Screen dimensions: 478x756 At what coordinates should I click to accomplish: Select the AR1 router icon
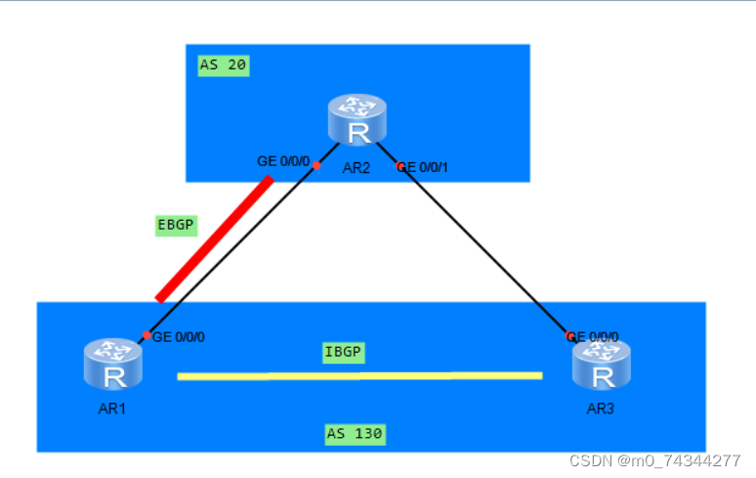pos(113,363)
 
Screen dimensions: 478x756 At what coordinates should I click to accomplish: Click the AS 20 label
pos(224,65)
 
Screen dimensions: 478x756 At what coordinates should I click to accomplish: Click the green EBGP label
pos(177,225)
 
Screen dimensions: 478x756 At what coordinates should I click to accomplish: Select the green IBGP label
pos(343,352)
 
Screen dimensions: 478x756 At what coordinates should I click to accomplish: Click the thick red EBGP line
pos(213,239)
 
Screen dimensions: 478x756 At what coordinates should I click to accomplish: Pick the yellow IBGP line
pos(359,375)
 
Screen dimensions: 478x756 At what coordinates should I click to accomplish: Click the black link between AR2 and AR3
pos(479,244)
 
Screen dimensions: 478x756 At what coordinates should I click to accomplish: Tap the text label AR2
pos(357,167)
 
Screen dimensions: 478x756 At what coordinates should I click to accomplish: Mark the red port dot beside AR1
pos(147,335)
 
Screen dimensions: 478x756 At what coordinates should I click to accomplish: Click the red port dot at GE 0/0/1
pos(399,167)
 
